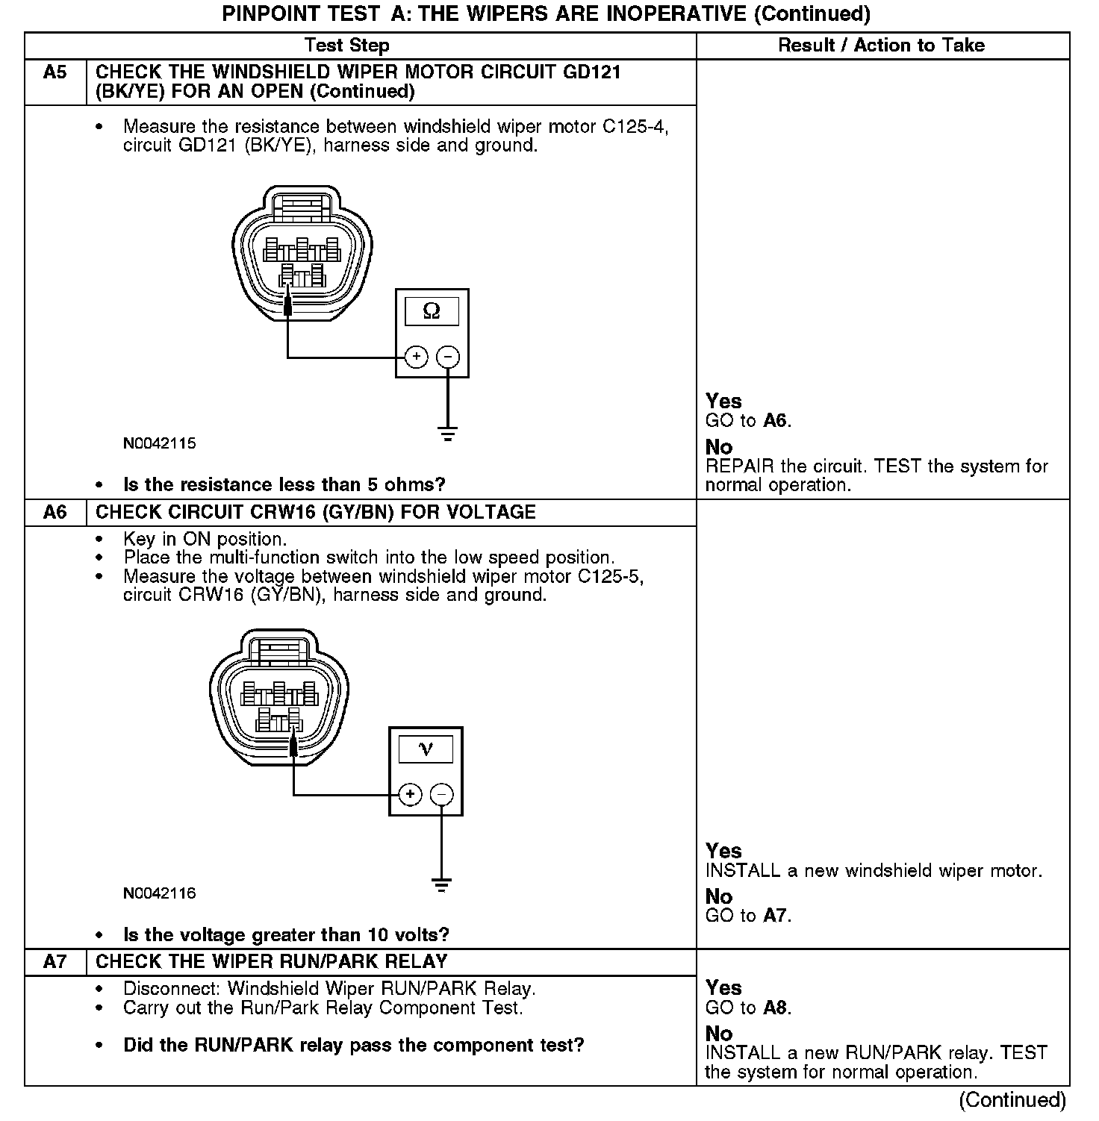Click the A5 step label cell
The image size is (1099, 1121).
(55, 73)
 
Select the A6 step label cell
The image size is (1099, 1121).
(55, 513)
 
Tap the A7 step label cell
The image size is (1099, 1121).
(55, 961)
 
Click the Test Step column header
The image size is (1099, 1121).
(346, 46)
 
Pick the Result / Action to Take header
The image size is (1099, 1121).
(881, 46)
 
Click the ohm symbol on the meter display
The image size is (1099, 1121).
(432, 311)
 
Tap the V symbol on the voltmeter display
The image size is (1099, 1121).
(426, 749)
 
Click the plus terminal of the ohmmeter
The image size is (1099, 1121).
(416, 357)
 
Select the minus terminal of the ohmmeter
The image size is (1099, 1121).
(448, 357)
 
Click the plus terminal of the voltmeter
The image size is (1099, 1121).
(410, 795)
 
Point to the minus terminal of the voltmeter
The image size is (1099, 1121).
(442, 795)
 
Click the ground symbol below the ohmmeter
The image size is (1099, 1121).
(448, 434)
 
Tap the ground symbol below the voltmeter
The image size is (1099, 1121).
(442, 885)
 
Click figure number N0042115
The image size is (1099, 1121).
(160, 443)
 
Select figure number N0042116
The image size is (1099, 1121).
(160, 893)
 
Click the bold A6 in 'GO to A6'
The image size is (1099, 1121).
(775, 421)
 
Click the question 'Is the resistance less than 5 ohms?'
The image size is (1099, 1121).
(284, 485)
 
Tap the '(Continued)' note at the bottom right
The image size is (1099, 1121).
(1012, 1100)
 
